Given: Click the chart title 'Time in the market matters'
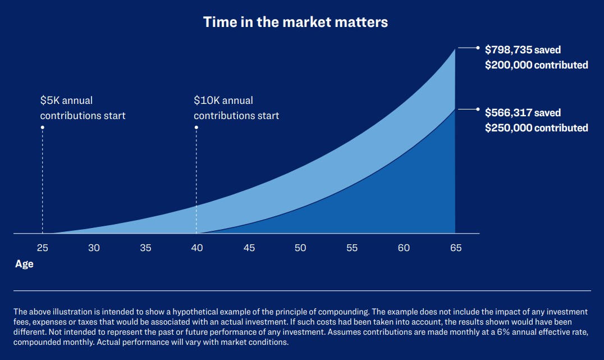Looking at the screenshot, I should pos(295,22).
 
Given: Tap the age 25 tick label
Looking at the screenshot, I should pos(42,248).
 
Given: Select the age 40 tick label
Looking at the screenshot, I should pos(197,248).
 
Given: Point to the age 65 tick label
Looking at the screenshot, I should pos(455,248).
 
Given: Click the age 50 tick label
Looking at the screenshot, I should pos(300,248).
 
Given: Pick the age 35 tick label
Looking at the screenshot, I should pos(145,248).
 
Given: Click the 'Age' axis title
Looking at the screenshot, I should pos(24,264).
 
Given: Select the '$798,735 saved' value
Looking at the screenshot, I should pos(523,50).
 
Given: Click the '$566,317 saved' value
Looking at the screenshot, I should pos(523,113).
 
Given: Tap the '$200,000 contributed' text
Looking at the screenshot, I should pos(536,65).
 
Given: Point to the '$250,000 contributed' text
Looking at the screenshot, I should pos(536,128).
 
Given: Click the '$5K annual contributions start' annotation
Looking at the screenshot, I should pos(83,108).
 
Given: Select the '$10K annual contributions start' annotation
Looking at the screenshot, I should pos(236,108).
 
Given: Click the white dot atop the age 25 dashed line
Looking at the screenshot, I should pos(42,127).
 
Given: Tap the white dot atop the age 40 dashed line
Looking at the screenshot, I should pos(196,127).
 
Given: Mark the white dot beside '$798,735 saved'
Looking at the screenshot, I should pos(478,48).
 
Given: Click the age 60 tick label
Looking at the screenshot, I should pos(404,248).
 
